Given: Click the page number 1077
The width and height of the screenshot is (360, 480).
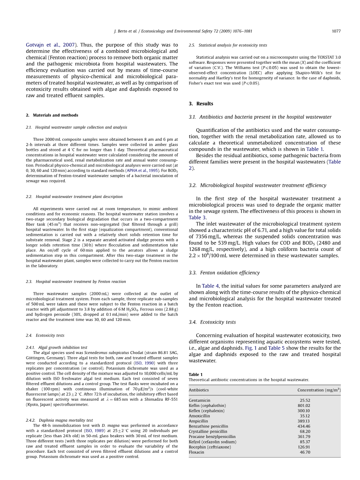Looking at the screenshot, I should [x=336, y=31].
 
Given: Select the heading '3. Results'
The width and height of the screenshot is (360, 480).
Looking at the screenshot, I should [x=201, y=104].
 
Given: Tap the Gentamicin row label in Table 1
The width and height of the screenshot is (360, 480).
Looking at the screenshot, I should [x=199, y=400].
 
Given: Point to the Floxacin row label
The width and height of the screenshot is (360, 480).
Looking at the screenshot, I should [x=196, y=452].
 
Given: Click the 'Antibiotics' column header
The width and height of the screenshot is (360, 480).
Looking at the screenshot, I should [x=198, y=390].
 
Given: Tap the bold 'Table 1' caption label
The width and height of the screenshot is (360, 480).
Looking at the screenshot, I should [x=196, y=375].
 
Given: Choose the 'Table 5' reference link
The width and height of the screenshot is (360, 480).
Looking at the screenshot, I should [x=276, y=348].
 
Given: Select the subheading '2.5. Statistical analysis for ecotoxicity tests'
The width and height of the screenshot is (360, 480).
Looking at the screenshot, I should [x=228, y=45].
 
